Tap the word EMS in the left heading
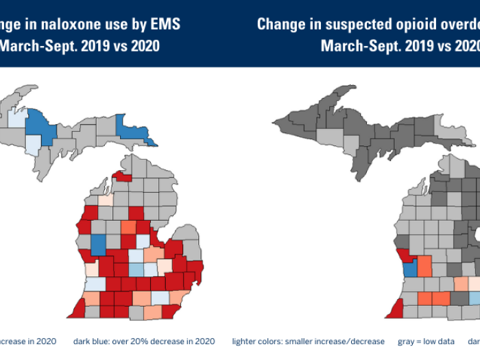tap(165, 25)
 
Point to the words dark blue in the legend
tap(89, 341)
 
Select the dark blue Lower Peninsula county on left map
tap(99, 243)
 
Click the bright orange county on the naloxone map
tap(128, 227)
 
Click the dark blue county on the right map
tap(410, 268)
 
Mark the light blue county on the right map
tap(474, 298)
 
